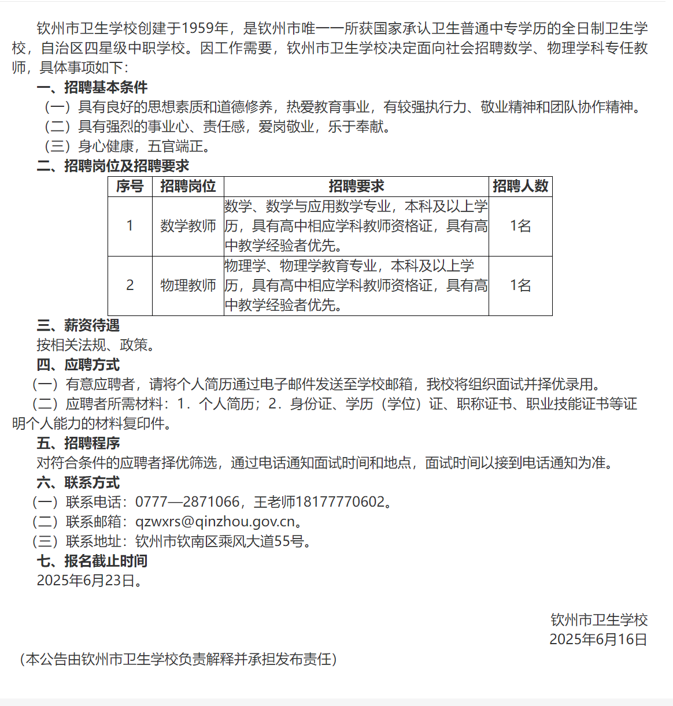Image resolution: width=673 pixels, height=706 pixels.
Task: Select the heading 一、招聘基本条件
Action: point(92,87)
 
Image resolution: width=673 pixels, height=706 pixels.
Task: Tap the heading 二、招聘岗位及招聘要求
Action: point(113,166)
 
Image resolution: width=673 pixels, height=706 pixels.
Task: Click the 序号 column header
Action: point(130,186)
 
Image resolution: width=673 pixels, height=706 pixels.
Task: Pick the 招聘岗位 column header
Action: point(188,186)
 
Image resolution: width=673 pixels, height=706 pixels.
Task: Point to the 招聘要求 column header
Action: point(356,186)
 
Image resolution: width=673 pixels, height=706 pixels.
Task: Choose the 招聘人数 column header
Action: point(520,186)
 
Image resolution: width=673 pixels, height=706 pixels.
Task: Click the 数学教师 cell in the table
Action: point(188,226)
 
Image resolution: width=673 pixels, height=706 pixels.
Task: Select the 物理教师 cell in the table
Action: point(188,285)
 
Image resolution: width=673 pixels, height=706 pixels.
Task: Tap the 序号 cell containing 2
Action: point(130,285)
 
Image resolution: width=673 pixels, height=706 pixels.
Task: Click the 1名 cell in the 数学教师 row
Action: point(520,226)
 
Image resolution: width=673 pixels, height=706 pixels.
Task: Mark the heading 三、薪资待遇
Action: point(78,325)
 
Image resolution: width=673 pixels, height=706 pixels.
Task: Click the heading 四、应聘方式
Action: point(78,365)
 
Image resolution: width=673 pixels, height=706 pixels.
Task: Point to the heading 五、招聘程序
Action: point(78,443)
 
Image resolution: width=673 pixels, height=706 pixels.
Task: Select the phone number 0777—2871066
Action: point(187,502)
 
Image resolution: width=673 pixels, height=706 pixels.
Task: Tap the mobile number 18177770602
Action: point(341,502)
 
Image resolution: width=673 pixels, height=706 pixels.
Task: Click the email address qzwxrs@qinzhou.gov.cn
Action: point(215,522)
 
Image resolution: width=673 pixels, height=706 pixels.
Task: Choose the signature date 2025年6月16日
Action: point(598,640)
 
